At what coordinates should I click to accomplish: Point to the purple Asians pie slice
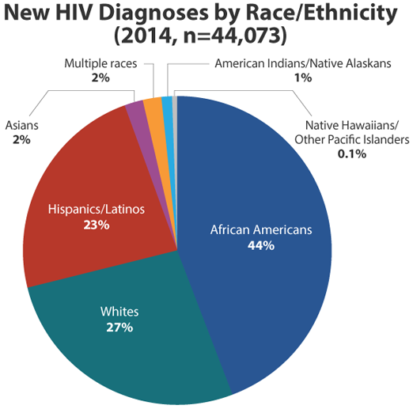click(x=135, y=112)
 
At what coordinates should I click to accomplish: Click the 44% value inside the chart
click(x=261, y=245)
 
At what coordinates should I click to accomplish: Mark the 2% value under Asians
click(x=21, y=139)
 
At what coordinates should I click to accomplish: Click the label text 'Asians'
click(x=22, y=127)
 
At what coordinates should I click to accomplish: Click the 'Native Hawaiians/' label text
click(x=351, y=127)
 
